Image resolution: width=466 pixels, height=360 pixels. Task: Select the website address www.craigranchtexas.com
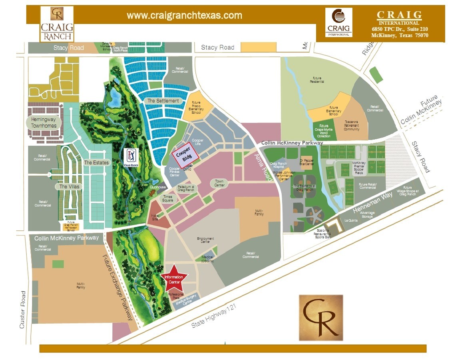click(184, 16)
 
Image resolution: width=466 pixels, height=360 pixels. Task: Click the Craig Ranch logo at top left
click(57, 24)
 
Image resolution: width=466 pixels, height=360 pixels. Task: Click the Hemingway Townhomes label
click(44, 122)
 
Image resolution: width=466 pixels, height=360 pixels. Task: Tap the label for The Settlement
click(163, 101)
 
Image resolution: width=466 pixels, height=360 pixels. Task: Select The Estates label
click(96, 163)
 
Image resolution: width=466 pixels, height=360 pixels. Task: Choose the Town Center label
click(219, 183)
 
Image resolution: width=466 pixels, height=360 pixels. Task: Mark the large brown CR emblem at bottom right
click(321, 318)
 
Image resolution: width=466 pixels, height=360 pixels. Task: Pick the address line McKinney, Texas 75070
click(400, 35)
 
